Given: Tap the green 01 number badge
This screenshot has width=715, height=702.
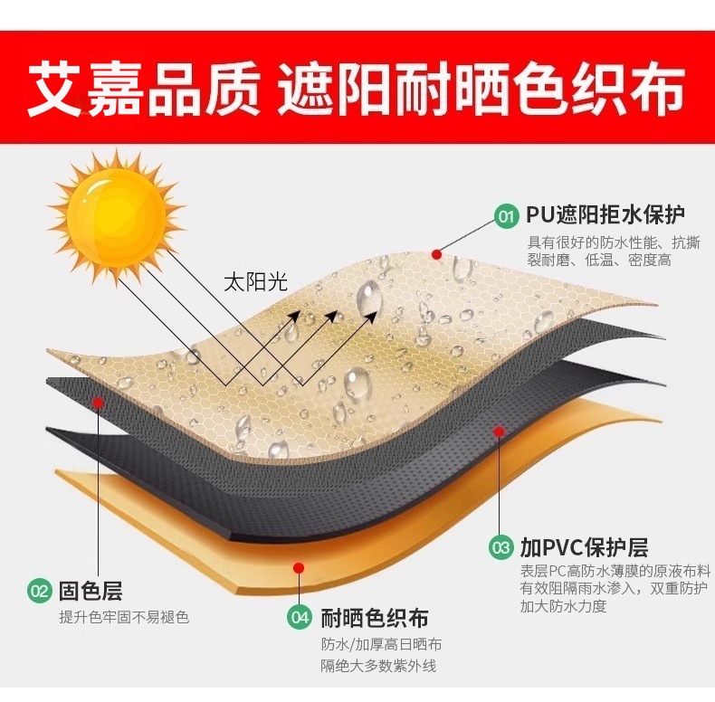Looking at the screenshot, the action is click(506, 215).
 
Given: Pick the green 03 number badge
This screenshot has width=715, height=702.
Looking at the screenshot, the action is click(500, 547).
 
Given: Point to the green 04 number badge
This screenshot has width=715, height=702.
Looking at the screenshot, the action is click(300, 618).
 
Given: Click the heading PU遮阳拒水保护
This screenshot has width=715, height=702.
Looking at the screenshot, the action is click(605, 215).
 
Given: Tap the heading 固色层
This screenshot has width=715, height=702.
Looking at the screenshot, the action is click(90, 593).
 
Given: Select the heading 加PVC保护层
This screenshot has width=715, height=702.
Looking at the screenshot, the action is click(584, 547).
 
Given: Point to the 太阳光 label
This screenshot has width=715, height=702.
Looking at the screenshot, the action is click(255, 281).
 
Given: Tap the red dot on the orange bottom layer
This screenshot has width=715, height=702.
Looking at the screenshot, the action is click(299, 567).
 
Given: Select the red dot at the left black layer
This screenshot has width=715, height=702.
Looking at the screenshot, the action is click(99, 401).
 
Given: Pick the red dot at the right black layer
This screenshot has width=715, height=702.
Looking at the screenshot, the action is click(498, 432).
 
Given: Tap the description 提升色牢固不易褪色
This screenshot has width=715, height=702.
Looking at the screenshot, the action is click(124, 617).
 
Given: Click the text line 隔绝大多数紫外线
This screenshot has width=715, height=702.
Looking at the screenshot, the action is click(378, 667).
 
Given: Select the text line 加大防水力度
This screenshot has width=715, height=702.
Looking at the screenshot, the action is click(563, 607).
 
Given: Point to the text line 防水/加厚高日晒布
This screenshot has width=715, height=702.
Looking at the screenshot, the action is click(381, 644).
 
